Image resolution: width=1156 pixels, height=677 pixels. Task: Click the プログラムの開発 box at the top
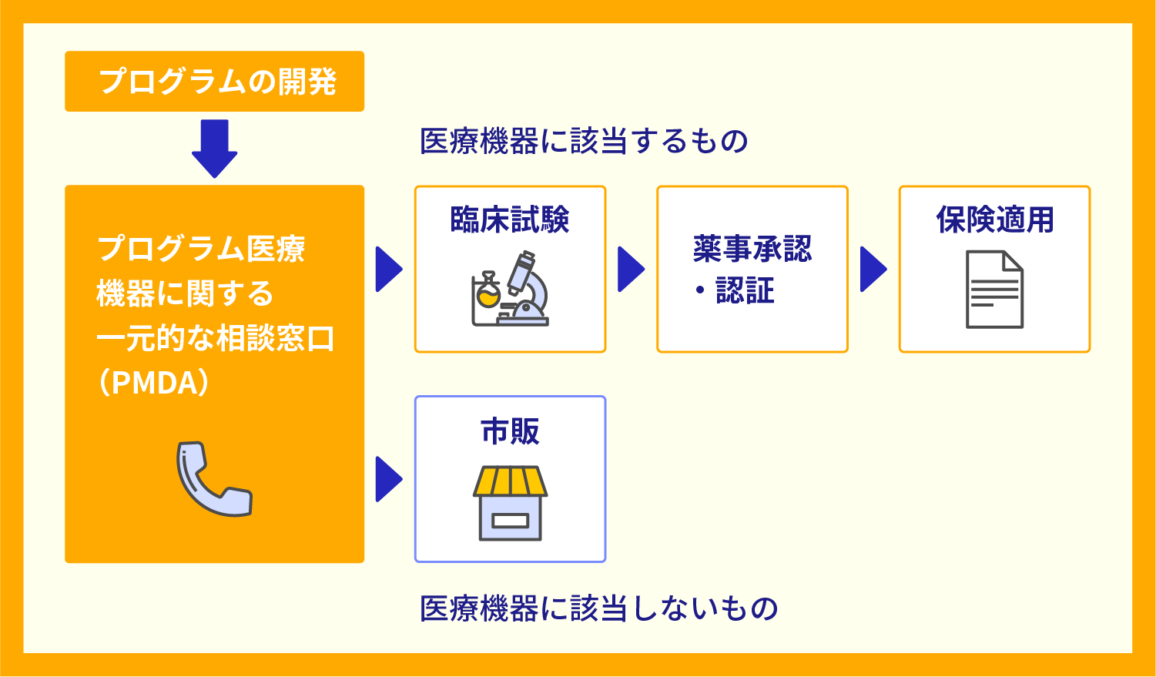click(x=214, y=82)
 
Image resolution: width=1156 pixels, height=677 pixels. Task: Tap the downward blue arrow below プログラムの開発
click(x=214, y=149)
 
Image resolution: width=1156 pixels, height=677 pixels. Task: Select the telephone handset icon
click(x=213, y=478)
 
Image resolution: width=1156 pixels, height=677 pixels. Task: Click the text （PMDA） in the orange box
click(x=154, y=383)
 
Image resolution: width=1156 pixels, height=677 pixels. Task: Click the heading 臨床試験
click(x=510, y=220)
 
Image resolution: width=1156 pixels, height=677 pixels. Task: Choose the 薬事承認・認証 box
click(x=752, y=269)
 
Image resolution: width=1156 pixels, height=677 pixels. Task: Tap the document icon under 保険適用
click(x=994, y=289)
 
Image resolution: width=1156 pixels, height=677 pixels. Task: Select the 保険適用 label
click(x=994, y=220)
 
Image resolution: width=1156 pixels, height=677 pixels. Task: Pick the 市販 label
click(x=510, y=431)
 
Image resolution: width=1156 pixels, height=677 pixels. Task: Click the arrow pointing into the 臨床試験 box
click(x=388, y=270)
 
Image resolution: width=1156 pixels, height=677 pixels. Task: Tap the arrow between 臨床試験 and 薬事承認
click(x=630, y=270)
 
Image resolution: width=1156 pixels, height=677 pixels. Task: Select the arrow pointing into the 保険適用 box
click(x=873, y=270)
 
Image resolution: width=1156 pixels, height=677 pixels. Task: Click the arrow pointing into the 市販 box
click(x=388, y=479)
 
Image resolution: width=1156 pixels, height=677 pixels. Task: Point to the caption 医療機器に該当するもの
click(x=584, y=142)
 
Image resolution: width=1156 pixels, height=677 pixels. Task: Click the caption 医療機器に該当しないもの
click(x=598, y=608)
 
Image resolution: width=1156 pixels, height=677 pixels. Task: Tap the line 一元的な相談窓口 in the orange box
click(x=215, y=339)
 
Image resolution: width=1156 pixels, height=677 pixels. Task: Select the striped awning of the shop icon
click(x=510, y=482)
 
